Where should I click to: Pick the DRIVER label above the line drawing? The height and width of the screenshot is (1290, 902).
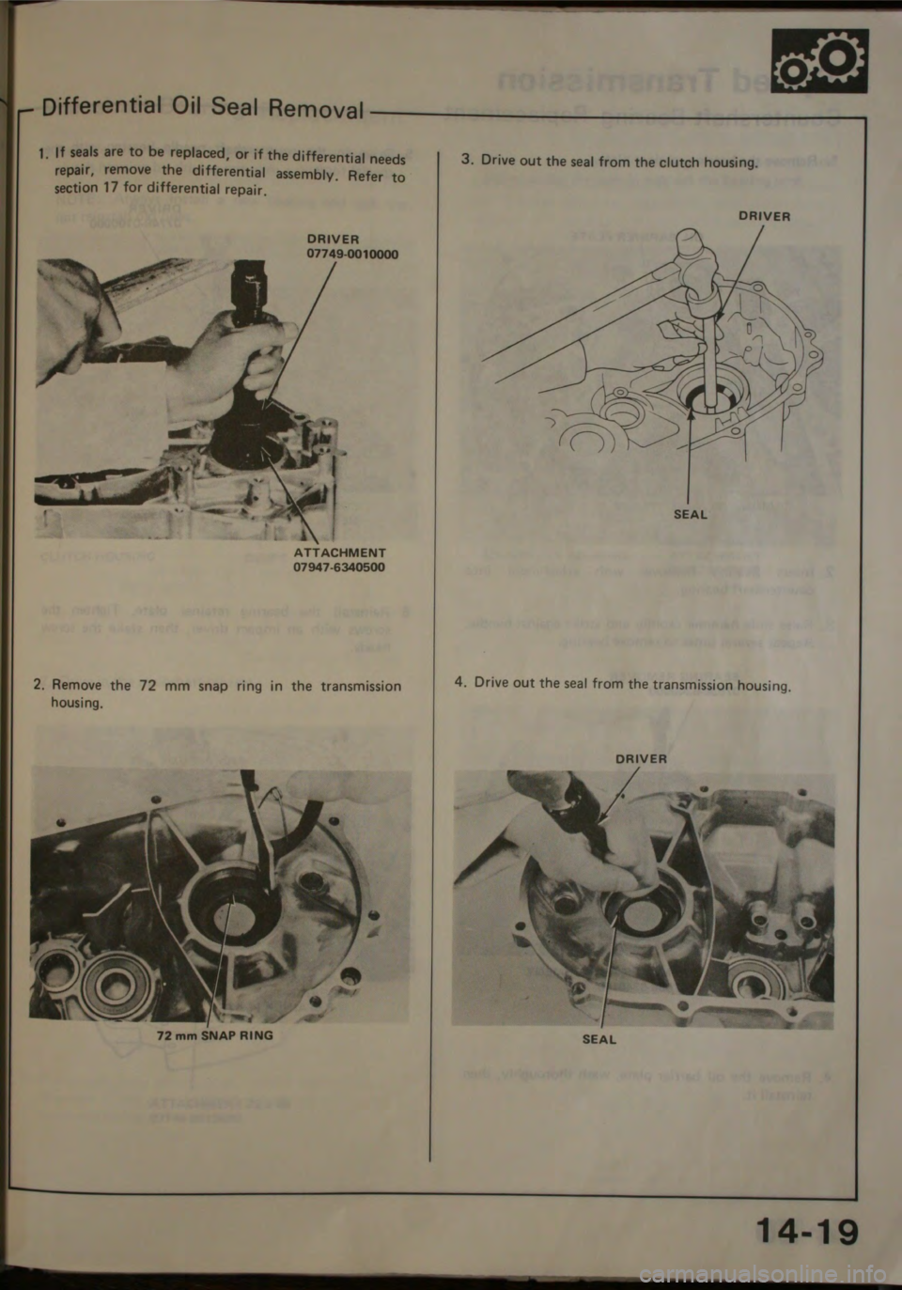(x=764, y=215)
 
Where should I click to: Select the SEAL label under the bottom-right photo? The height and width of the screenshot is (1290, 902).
(x=599, y=1039)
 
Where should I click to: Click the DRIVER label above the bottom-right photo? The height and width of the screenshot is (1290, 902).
(x=642, y=757)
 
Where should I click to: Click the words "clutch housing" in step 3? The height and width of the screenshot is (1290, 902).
(x=713, y=162)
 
